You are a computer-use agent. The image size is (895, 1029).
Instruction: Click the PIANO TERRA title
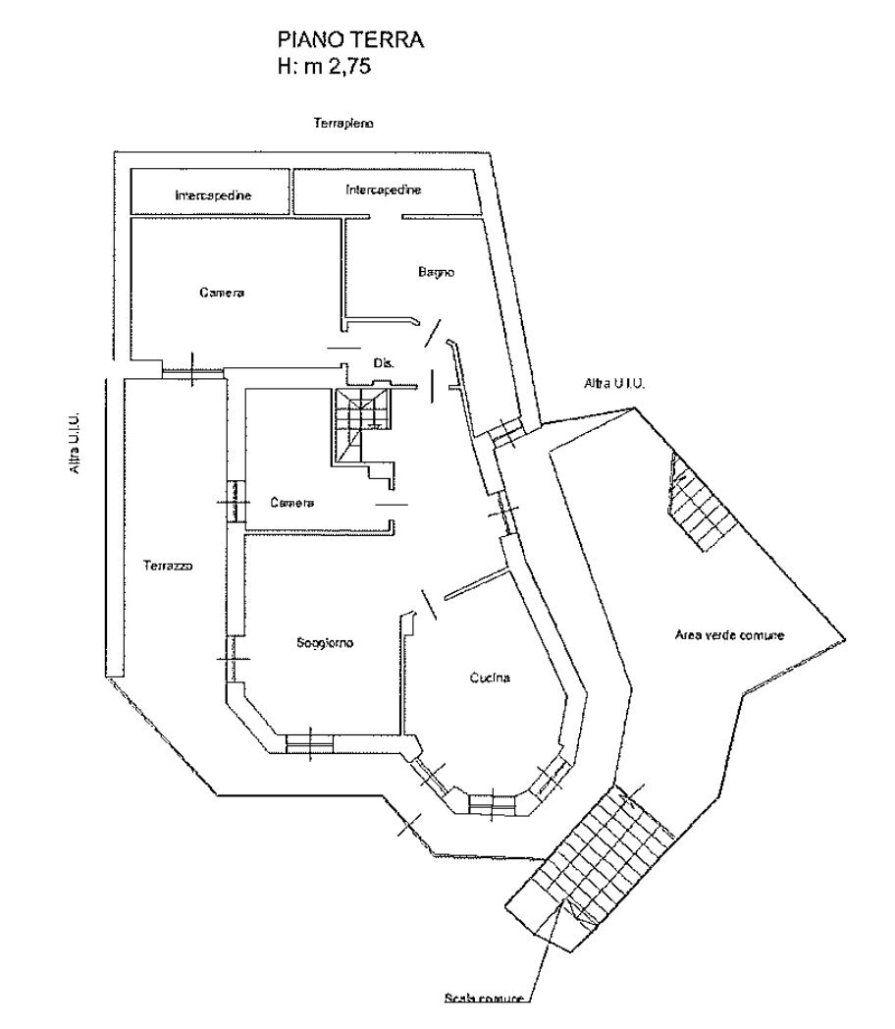(x=350, y=40)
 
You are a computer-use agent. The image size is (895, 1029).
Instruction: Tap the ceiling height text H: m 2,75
(x=324, y=67)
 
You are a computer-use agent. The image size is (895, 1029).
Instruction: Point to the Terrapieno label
(x=343, y=123)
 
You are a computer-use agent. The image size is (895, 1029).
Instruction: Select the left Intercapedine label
(x=213, y=195)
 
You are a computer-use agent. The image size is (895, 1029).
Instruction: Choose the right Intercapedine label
(x=383, y=190)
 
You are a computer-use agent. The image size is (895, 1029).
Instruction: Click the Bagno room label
(x=436, y=272)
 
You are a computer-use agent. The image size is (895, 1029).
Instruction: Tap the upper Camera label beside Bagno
(x=222, y=292)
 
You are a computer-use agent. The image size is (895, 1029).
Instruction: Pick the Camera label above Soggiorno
(x=291, y=503)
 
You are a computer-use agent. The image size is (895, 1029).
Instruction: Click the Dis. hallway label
(x=384, y=362)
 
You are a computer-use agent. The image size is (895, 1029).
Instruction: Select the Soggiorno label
(x=325, y=643)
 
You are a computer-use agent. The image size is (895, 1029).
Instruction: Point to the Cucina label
(x=490, y=677)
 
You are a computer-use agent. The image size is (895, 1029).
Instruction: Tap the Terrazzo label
(x=168, y=565)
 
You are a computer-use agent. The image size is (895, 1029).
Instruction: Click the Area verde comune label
(x=729, y=634)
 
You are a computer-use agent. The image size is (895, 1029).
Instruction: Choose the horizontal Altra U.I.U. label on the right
(x=614, y=383)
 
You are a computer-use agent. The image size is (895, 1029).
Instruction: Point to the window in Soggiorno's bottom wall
(x=309, y=743)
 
